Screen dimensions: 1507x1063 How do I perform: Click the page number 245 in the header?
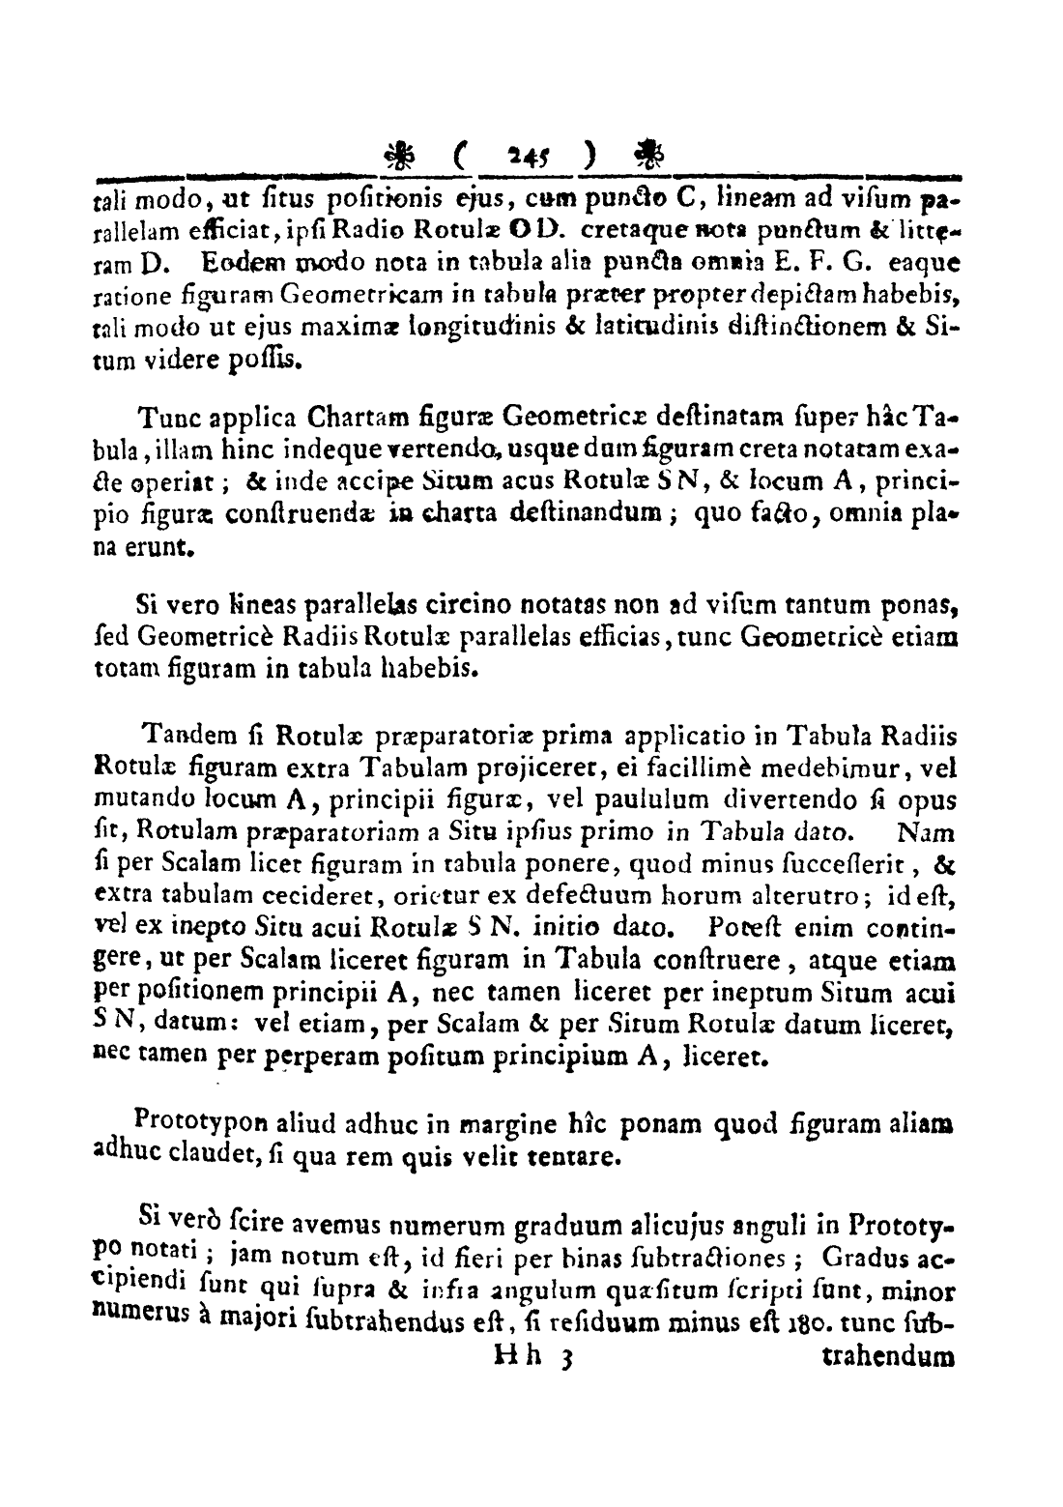coord(527,154)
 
